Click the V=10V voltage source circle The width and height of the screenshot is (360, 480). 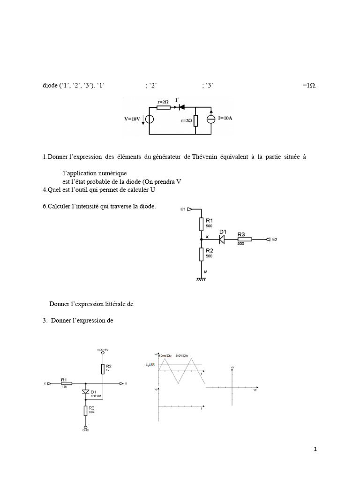(x=149, y=118)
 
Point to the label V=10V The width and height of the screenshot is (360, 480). (x=133, y=119)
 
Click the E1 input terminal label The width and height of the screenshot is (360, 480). (x=183, y=210)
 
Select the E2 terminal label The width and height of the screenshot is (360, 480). (x=275, y=240)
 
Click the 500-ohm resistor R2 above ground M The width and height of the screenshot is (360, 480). (x=201, y=255)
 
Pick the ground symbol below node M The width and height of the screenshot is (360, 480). (x=201, y=280)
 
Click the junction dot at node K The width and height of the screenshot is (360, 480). (x=201, y=239)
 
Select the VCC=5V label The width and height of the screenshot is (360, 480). (x=103, y=350)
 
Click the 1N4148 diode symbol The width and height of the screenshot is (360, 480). (x=86, y=391)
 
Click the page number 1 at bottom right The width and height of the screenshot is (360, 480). (x=315, y=450)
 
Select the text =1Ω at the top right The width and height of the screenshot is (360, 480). (x=309, y=85)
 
